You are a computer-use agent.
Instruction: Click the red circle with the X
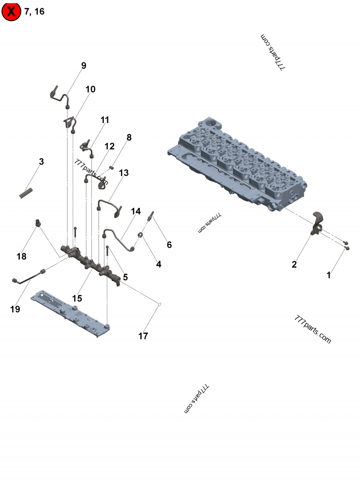point(11,11)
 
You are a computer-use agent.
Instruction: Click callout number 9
point(84,66)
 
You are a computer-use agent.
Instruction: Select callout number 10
point(90,90)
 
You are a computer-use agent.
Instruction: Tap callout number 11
point(105,120)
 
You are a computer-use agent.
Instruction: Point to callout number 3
point(41,161)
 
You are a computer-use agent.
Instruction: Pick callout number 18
point(22,256)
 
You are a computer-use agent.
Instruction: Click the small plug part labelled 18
point(38,223)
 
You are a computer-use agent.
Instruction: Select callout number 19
point(15,309)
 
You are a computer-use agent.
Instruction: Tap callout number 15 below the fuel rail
point(77,298)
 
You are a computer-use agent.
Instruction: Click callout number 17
point(143,336)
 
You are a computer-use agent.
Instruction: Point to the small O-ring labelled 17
point(159,304)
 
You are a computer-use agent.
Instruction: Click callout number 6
point(169,245)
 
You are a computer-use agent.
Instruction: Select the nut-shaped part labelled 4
point(141,235)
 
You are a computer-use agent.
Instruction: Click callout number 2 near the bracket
point(294,264)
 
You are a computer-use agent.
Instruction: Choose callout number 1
point(329,275)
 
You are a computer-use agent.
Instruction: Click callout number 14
point(135,211)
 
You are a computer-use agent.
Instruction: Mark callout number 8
point(129,138)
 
